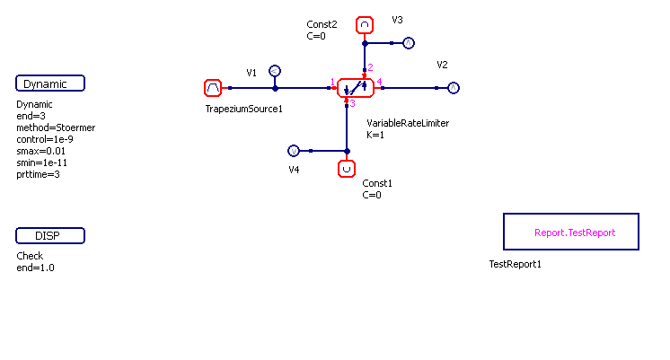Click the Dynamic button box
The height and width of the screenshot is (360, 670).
pyautogui.click(x=50, y=83)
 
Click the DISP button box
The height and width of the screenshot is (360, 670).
pyautogui.click(x=50, y=236)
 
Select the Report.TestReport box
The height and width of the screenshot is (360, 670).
pyautogui.click(x=570, y=232)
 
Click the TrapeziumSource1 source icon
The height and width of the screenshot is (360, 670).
pyautogui.click(x=213, y=88)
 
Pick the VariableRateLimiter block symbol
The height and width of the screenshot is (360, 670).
pyautogui.click(x=355, y=88)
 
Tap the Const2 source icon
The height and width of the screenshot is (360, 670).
pyautogui.click(x=364, y=25)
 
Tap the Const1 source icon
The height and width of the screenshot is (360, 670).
pyautogui.click(x=346, y=168)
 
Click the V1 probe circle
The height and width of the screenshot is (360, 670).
pyautogui.click(x=275, y=71)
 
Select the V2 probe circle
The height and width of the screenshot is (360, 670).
pyautogui.click(x=454, y=88)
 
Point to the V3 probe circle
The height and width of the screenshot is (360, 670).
pyautogui.click(x=408, y=43)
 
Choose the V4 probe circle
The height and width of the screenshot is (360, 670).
pyautogui.click(x=293, y=151)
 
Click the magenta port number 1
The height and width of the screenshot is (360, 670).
pyautogui.click(x=332, y=83)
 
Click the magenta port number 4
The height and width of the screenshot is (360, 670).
pyautogui.click(x=379, y=83)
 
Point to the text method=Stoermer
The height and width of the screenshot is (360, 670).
pyautogui.click(x=56, y=127)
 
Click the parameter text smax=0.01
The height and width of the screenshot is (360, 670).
pyautogui.click(x=41, y=151)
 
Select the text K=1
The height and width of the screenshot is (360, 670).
pyautogui.click(x=375, y=135)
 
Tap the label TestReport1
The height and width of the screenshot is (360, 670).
pyautogui.click(x=515, y=265)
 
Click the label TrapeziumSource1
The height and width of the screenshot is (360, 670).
pyautogui.click(x=244, y=110)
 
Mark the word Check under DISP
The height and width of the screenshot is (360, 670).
pyautogui.click(x=30, y=256)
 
